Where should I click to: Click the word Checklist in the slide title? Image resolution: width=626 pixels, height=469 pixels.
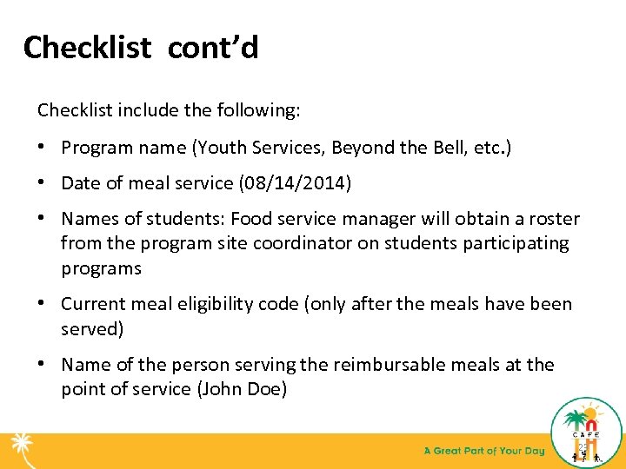87,48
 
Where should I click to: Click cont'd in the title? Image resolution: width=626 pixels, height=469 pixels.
213,48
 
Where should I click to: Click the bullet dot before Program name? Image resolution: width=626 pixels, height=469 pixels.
43,148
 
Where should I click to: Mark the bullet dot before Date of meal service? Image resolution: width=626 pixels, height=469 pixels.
43,183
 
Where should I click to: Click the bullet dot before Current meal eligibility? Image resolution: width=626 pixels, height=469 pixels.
43,304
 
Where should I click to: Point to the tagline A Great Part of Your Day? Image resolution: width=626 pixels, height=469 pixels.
483,451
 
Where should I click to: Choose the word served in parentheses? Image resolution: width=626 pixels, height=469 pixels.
91,328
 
